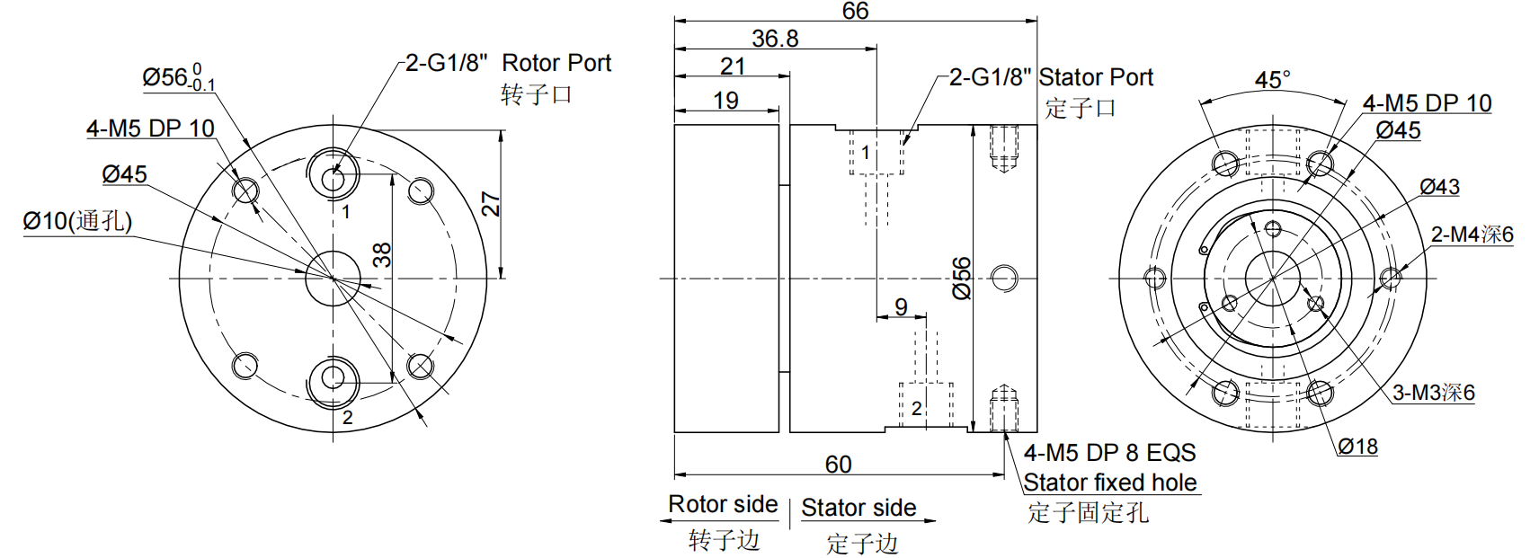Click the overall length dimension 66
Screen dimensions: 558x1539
pos(855,11)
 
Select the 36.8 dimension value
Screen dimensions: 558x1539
pos(775,39)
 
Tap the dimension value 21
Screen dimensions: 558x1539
pos(733,66)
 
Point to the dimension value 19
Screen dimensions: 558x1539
pos(725,101)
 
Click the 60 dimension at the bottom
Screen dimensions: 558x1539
pos(838,464)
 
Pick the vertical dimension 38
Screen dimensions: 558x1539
pos(382,255)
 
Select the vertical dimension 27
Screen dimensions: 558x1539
pos(491,204)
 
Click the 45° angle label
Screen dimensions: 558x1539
pos(1273,80)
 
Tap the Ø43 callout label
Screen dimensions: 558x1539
pos(1439,187)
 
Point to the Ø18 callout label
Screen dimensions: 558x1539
pos(1357,447)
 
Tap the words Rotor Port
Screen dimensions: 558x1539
pos(556,63)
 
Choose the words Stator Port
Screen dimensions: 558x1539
pos(1096,77)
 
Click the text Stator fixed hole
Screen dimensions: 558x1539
pos(1109,483)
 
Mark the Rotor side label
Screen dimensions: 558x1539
pos(723,504)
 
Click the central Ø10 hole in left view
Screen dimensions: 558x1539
pos(334,279)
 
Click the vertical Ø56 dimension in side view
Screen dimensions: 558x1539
pos(962,278)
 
